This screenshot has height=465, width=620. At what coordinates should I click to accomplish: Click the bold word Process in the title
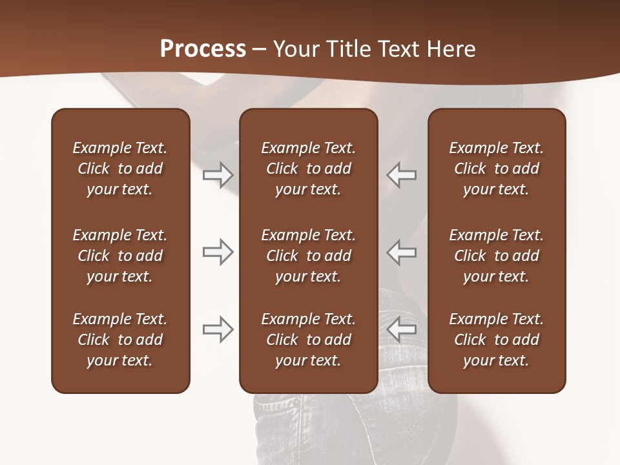point(203,49)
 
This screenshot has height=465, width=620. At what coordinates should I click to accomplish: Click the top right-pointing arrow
point(218,174)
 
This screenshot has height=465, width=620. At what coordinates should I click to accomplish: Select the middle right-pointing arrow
point(218,252)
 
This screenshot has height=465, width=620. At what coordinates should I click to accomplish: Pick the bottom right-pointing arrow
point(218,329)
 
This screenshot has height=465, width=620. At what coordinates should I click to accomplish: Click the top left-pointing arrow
point(401,174)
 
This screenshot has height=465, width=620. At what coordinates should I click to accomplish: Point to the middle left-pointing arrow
point(401,252)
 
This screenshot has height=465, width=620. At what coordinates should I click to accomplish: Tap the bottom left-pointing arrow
point(401,329)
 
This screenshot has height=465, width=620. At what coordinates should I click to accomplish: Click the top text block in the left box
point(120,169)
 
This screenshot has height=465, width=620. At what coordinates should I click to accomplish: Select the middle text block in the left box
point(120,256)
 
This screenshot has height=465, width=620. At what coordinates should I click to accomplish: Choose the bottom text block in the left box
point(120,340)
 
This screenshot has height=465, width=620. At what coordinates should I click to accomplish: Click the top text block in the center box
point(308,169)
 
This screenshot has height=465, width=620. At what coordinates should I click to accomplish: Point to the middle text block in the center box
point(308,256)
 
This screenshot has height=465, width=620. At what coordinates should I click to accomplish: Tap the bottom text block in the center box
point(308,340)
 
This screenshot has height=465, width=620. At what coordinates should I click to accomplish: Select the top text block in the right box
point(496,169)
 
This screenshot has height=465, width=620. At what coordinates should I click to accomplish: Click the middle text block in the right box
point(496,256)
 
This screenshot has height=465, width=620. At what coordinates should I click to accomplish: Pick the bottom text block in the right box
point(496,340)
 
